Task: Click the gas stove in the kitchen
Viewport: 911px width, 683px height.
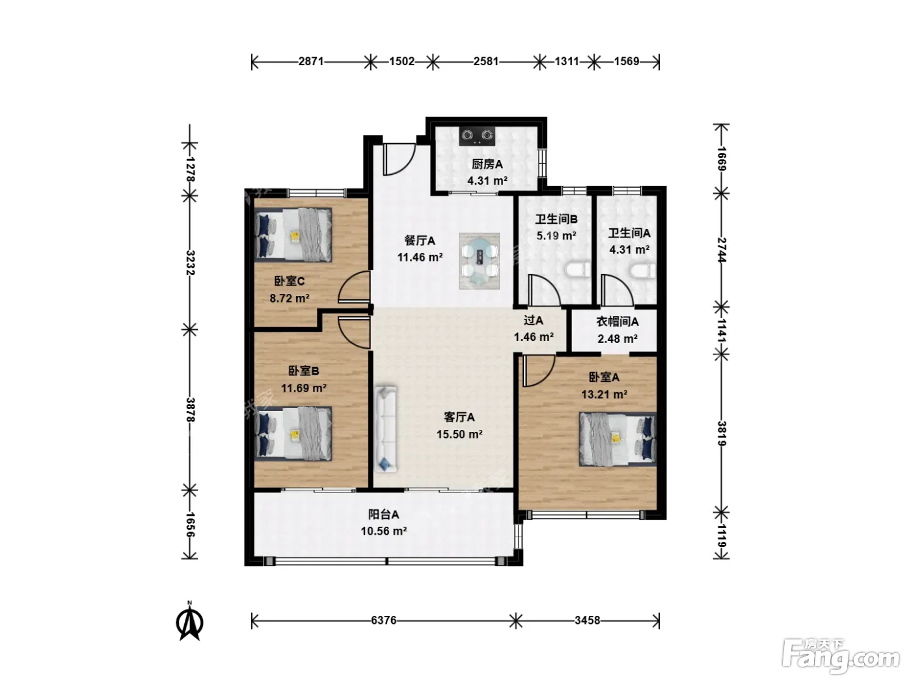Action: tap(477, 136)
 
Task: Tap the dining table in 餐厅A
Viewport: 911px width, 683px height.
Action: tap(480, 261)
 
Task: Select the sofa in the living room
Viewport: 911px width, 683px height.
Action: tap(386, 429)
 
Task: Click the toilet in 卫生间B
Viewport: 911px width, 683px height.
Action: tap(578, 270)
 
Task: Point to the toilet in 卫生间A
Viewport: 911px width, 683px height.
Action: tap(643, 271)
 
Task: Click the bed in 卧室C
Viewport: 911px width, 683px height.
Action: tap(293, 235)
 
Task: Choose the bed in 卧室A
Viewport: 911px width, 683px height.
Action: tap(618, 438)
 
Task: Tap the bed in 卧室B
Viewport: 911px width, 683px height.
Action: tap(293, 433)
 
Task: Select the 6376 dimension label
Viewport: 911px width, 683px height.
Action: tap(383, 621)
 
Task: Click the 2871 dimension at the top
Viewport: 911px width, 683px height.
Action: tap(311, 61)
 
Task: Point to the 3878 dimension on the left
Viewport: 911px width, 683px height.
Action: tap(190, 410)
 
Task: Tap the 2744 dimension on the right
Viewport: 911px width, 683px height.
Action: tap(722, 250)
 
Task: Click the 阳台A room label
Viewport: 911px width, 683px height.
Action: tap(383, 515)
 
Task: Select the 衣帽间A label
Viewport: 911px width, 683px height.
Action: tap(617, 321)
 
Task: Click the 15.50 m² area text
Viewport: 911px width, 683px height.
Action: tap(459, 434)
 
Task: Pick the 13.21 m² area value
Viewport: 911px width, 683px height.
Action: tap(604, 394)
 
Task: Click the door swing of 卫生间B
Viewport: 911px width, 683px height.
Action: tap(545, 290)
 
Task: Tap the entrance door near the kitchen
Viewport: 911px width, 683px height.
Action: tap(400, 159)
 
